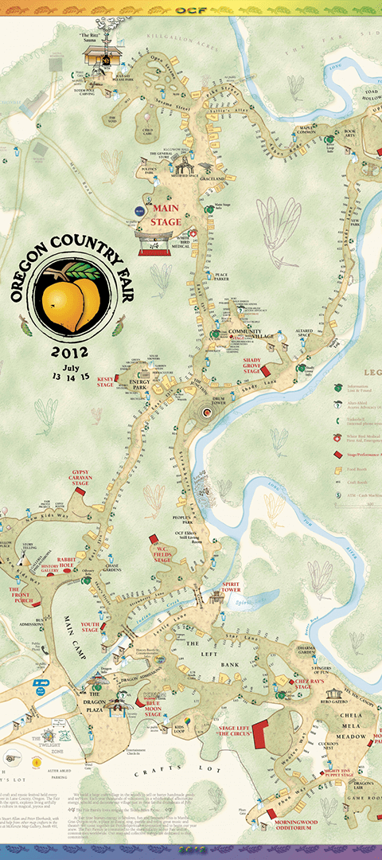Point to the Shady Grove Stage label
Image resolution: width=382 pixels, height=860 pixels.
coord(253,364)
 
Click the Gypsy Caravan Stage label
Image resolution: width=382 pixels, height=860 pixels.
coord(69,477)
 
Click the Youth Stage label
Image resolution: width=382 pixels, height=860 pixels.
coord(90,629)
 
